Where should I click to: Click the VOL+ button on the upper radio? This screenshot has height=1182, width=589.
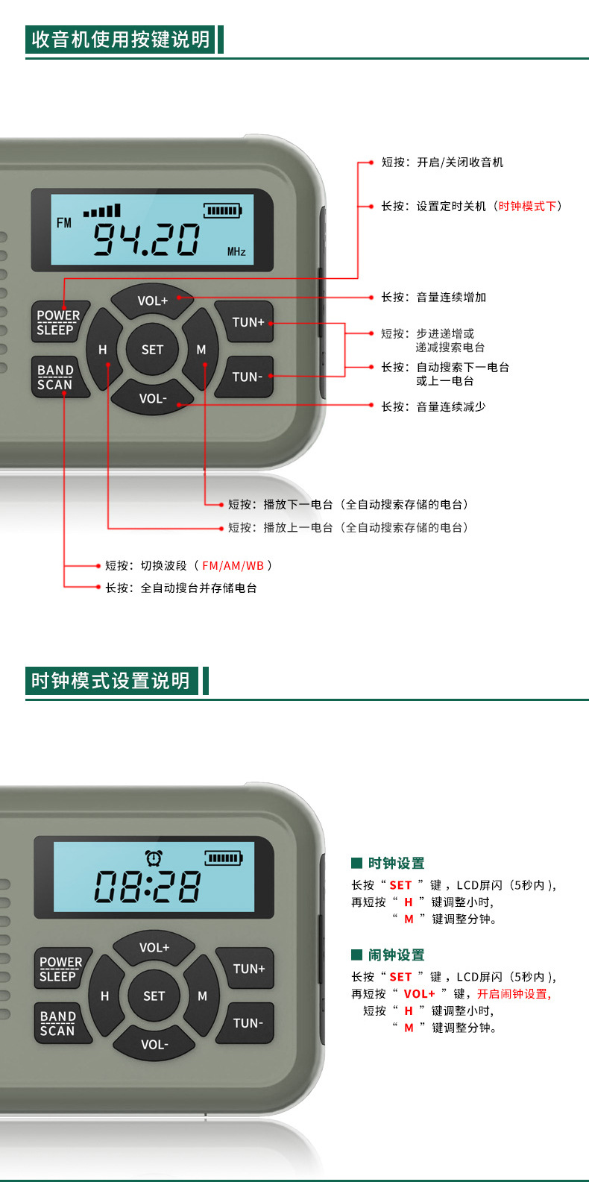click(153, 301)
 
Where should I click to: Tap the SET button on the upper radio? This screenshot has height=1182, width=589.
click(152, 349)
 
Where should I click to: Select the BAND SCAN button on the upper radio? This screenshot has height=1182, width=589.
click(57, 377)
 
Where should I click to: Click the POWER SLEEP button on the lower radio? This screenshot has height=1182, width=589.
click(60, 969)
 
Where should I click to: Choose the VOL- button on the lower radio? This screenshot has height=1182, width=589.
click(154, 1045)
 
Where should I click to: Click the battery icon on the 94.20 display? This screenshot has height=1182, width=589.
click(223, 211)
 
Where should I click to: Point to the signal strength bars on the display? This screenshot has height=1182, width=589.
click(102, 210)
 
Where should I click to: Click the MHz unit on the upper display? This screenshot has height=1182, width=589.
click(236, 252)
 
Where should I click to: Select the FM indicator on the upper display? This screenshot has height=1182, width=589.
click(64, 223)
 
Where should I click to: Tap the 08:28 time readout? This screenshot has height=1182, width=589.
click(148, 886)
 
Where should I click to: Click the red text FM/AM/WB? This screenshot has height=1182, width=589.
click(233, 566)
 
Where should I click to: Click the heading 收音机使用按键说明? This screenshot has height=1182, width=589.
click(120, 40)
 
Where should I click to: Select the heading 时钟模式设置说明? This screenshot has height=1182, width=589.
click(111, 681)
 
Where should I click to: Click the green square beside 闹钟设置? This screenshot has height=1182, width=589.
click(357, 955)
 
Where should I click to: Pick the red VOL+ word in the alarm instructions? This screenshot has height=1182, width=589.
click(419, 993)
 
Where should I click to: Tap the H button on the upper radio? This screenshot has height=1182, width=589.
click(102, 349)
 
